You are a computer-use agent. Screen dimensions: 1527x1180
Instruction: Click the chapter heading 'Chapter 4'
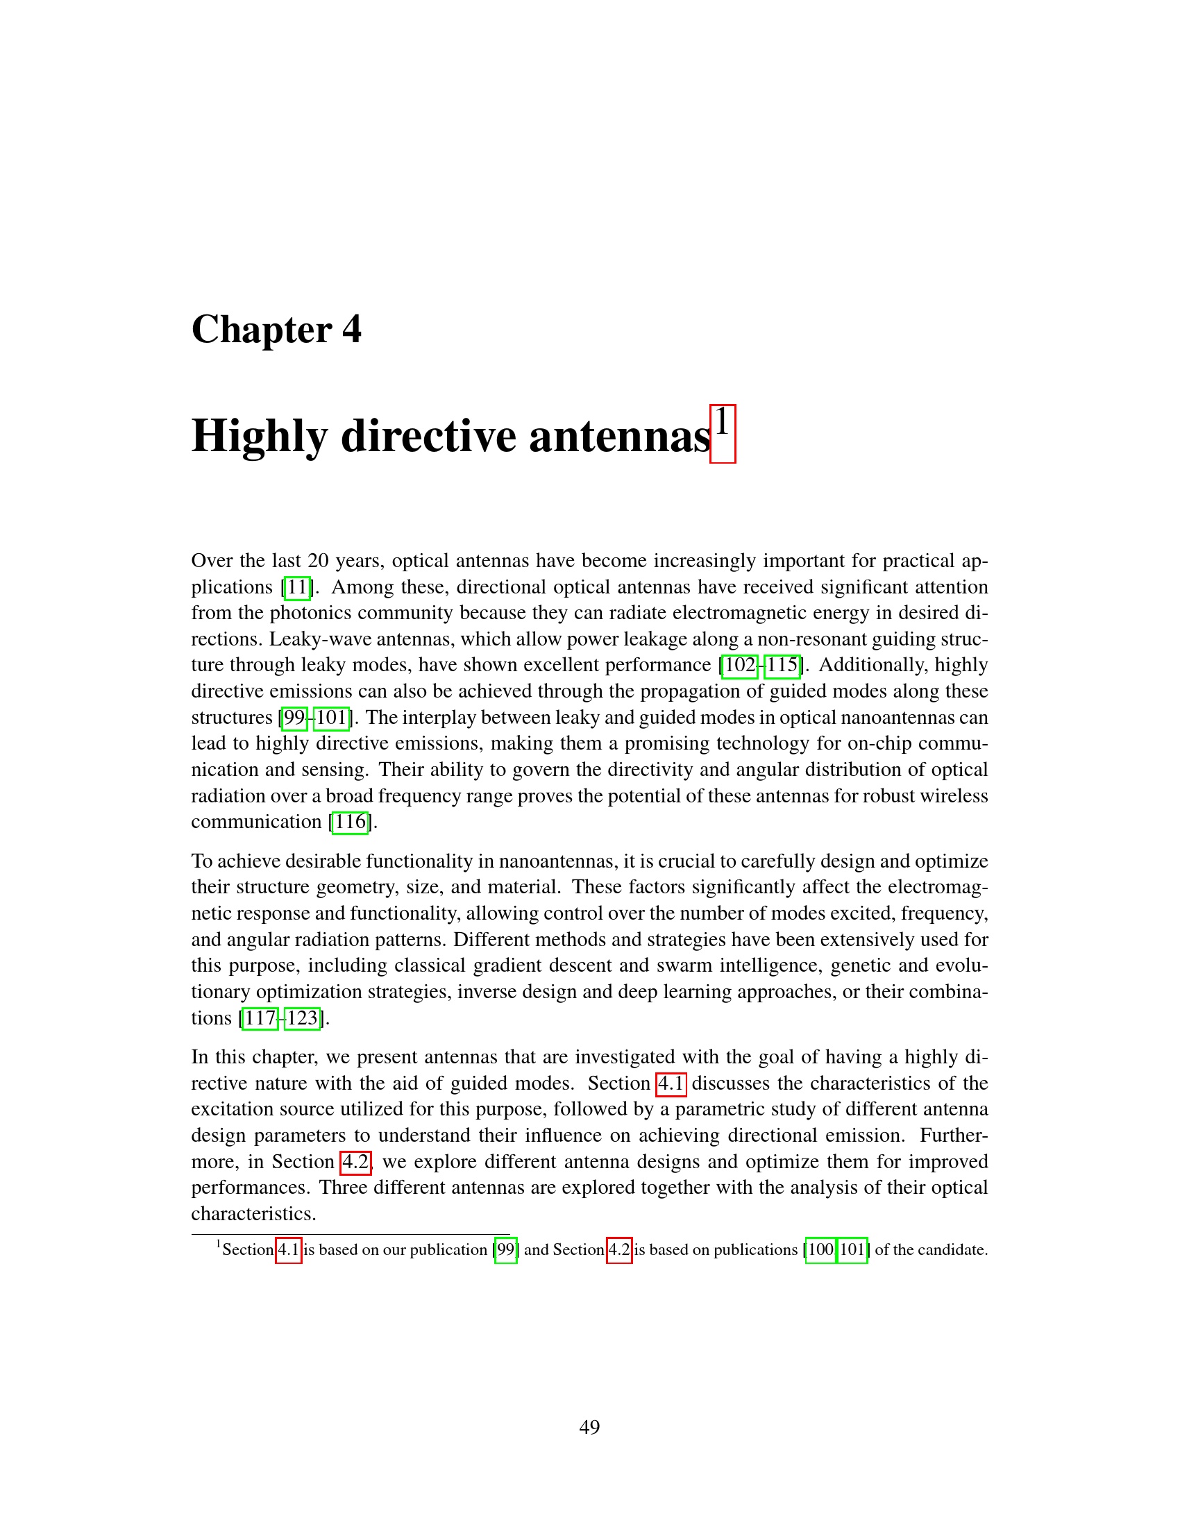tap(276, 329)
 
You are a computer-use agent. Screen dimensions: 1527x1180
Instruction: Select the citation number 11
tap(297, 587)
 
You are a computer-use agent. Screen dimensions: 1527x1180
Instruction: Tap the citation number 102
tap(741, 665)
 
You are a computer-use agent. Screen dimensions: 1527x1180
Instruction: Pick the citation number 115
tap(782, 665)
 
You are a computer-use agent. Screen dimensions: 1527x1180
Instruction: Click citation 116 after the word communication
tap(351, 822)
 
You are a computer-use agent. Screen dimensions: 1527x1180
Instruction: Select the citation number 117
tap(260, 1018)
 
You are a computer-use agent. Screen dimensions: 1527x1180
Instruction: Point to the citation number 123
tap(302, 1018)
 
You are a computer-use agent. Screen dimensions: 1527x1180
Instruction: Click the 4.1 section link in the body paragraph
tap(671, 1083)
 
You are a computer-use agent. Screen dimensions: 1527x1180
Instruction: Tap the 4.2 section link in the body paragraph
tap(355, 1162)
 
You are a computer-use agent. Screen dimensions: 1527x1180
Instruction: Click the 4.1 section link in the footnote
tap(289, 1250)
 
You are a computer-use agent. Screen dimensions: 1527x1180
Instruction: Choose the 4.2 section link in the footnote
tap(619, 1250)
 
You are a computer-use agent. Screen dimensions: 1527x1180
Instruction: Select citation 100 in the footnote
tap(820, 1250)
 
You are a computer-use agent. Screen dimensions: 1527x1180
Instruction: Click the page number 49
tap(589, 1427)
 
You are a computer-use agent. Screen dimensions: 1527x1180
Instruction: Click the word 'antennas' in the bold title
tap(619, 437)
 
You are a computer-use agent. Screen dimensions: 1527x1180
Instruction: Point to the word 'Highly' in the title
tap(259, 437)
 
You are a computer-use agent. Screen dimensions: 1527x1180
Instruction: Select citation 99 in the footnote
tap(506, 1250)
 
